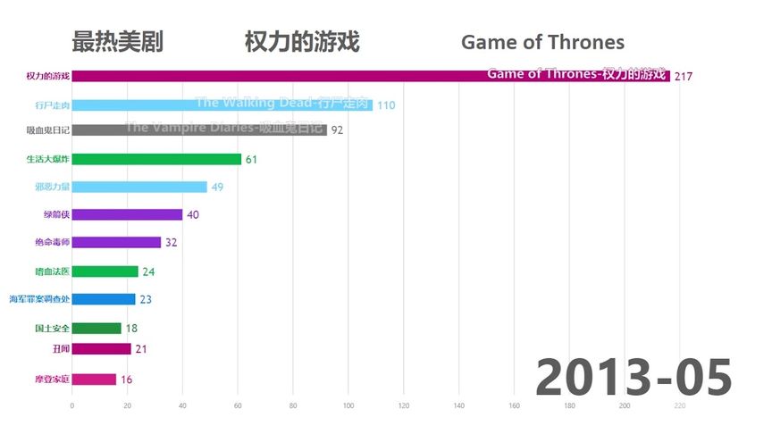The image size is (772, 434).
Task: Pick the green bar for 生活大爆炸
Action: coord(156,159)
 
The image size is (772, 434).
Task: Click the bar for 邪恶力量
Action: coord(139,187)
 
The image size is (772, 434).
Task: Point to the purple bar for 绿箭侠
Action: coord(127,214)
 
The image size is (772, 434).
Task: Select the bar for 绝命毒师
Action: coord(116,242)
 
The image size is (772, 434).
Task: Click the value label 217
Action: coord(684,77)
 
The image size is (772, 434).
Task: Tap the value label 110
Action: coord(386,105)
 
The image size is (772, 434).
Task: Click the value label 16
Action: coord(126,380)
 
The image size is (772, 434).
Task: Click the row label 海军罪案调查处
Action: coord(39,299)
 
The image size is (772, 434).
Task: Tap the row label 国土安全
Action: coord(52,328)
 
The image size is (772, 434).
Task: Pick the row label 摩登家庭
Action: coord(52,380)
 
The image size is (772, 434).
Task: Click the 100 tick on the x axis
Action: coord(348,406)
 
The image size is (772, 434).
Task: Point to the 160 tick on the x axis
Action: coord(514,406)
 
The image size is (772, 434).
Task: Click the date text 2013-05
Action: coord(634,376)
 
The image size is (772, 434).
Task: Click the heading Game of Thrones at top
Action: coord(542,42)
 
